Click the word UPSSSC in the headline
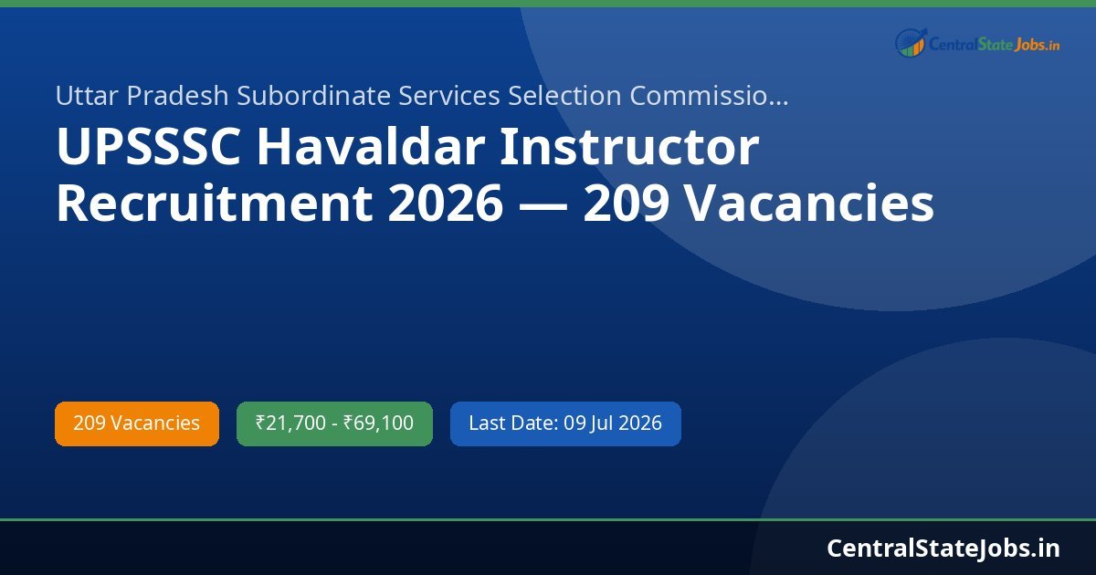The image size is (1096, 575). tap(148, 149)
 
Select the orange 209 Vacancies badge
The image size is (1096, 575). tap(137, 423)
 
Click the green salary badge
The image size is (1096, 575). tap(334, 423)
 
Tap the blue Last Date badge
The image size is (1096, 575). tap(565, 423)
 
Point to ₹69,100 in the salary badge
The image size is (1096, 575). tap(378, 423)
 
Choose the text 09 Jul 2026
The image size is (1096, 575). tap(612, 423)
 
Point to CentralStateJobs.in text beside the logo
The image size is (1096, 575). tap(994, 43)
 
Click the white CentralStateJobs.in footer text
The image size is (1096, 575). tap(943, 548)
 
